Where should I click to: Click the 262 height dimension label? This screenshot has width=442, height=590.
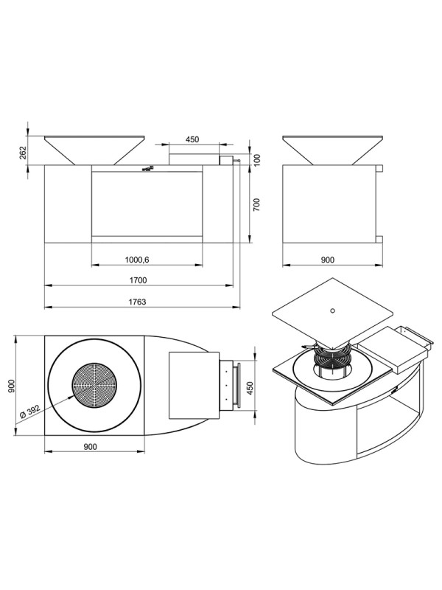pos(24,153)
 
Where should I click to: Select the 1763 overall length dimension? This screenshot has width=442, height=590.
pos(137,302)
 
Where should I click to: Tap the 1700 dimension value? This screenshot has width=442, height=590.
pos(138,280)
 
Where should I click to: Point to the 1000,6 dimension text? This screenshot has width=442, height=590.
pos(137,260)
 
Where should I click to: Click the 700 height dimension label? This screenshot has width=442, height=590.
pos(256,204)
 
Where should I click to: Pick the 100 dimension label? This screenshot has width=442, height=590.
pos(257,159)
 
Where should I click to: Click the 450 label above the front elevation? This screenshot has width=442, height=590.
pos(192,139)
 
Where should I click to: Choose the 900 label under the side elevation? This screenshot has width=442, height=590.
pos(328,260)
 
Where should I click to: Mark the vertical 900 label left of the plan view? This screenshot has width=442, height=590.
pos(11,386)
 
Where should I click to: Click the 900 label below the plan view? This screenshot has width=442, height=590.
pos(90,447)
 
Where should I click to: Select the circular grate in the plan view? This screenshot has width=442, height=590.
pos(94,385)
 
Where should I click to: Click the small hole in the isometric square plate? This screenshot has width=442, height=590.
pos(332,310)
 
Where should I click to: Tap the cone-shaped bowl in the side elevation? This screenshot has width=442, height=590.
pos(333,150)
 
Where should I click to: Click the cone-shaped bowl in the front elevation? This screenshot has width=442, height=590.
pos(94,150)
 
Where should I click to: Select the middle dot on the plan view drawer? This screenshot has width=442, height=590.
pos(226,385)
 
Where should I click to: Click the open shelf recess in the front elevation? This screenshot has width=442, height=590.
pos(147,204)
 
